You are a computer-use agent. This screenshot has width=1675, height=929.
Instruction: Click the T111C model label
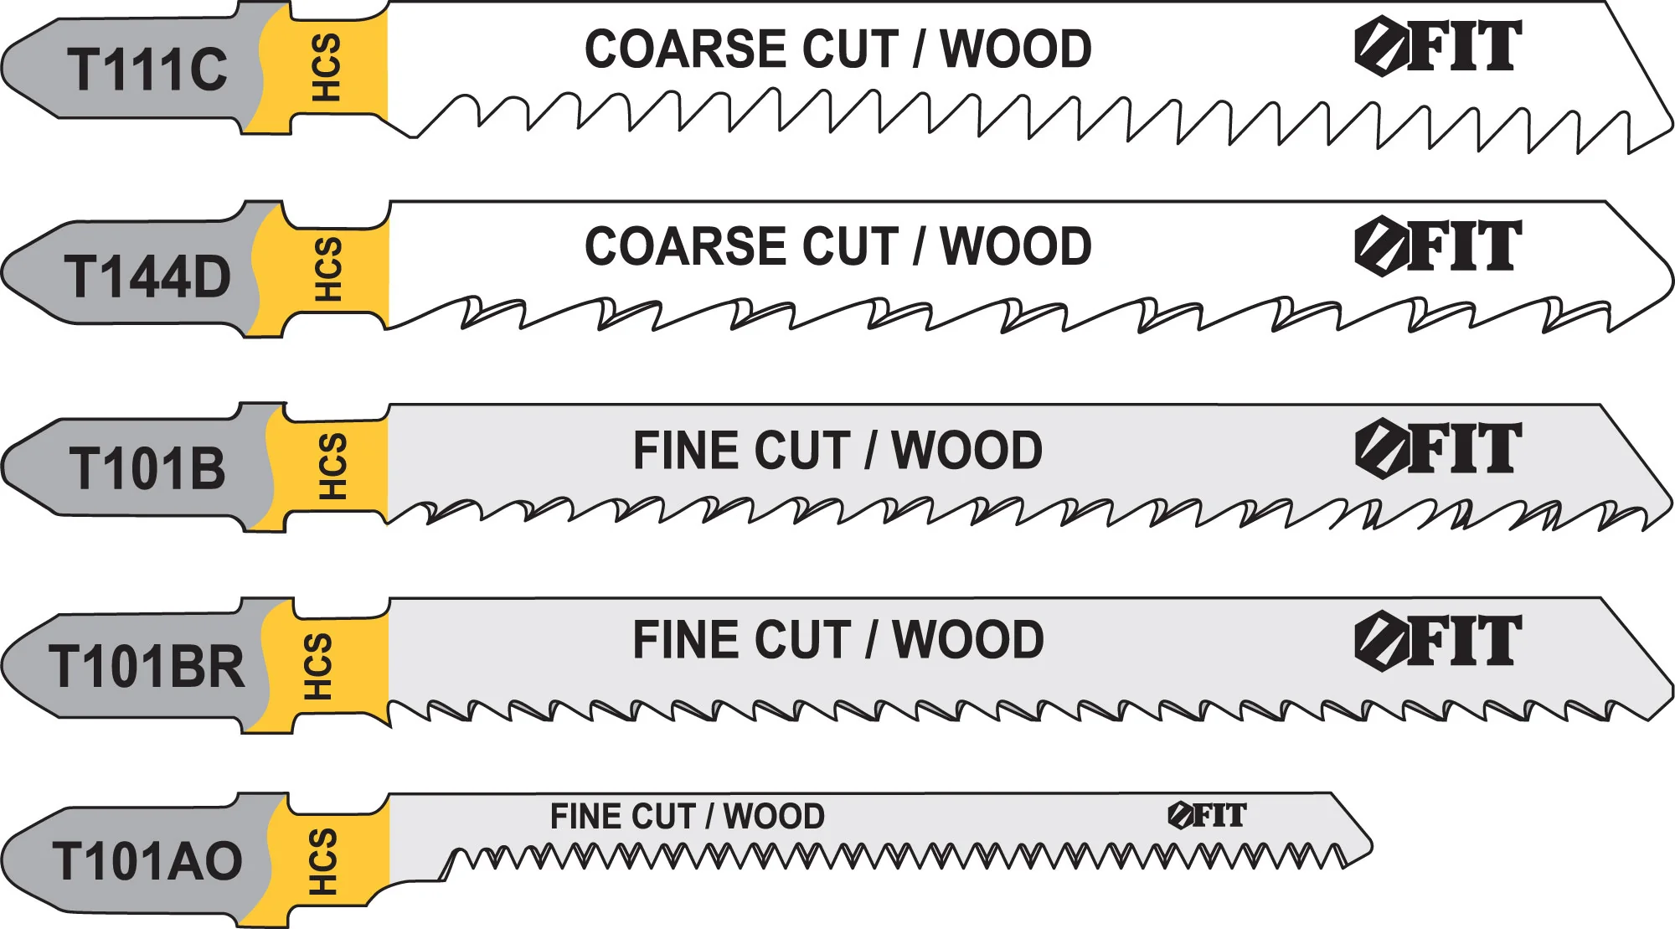click(147, 70)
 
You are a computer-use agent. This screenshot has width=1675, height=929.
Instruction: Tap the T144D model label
click(147, 277)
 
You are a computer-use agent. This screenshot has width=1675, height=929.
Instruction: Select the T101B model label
click(147, 468)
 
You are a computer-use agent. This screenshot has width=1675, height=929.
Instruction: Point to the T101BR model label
click(147, 667)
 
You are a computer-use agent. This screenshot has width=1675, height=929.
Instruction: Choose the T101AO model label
click(147, 861)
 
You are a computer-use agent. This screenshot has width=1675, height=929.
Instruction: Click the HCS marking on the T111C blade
click(326, 68)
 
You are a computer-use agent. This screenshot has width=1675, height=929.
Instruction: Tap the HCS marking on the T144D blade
click(327, 269)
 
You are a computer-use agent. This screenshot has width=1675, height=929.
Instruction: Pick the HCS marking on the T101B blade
click(332, 467)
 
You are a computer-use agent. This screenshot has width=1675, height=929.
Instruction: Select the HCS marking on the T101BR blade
click(317, 666)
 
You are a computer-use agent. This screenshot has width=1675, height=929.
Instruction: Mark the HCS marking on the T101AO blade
click(322, 861)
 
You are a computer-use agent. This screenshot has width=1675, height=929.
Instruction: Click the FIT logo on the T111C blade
click(1438, 47)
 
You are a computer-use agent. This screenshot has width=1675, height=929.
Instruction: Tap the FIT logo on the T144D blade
click(1438, 246)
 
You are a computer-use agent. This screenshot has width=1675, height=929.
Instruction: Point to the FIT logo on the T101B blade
click(1438, 448)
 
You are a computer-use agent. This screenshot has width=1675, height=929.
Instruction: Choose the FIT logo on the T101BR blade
click(1438, 642)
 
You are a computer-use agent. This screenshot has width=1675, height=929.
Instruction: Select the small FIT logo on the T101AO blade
click(1207, 815)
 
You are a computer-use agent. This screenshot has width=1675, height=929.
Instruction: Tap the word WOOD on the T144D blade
click(1016, 246)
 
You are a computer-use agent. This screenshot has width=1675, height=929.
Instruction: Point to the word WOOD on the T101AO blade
click(774, 816)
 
